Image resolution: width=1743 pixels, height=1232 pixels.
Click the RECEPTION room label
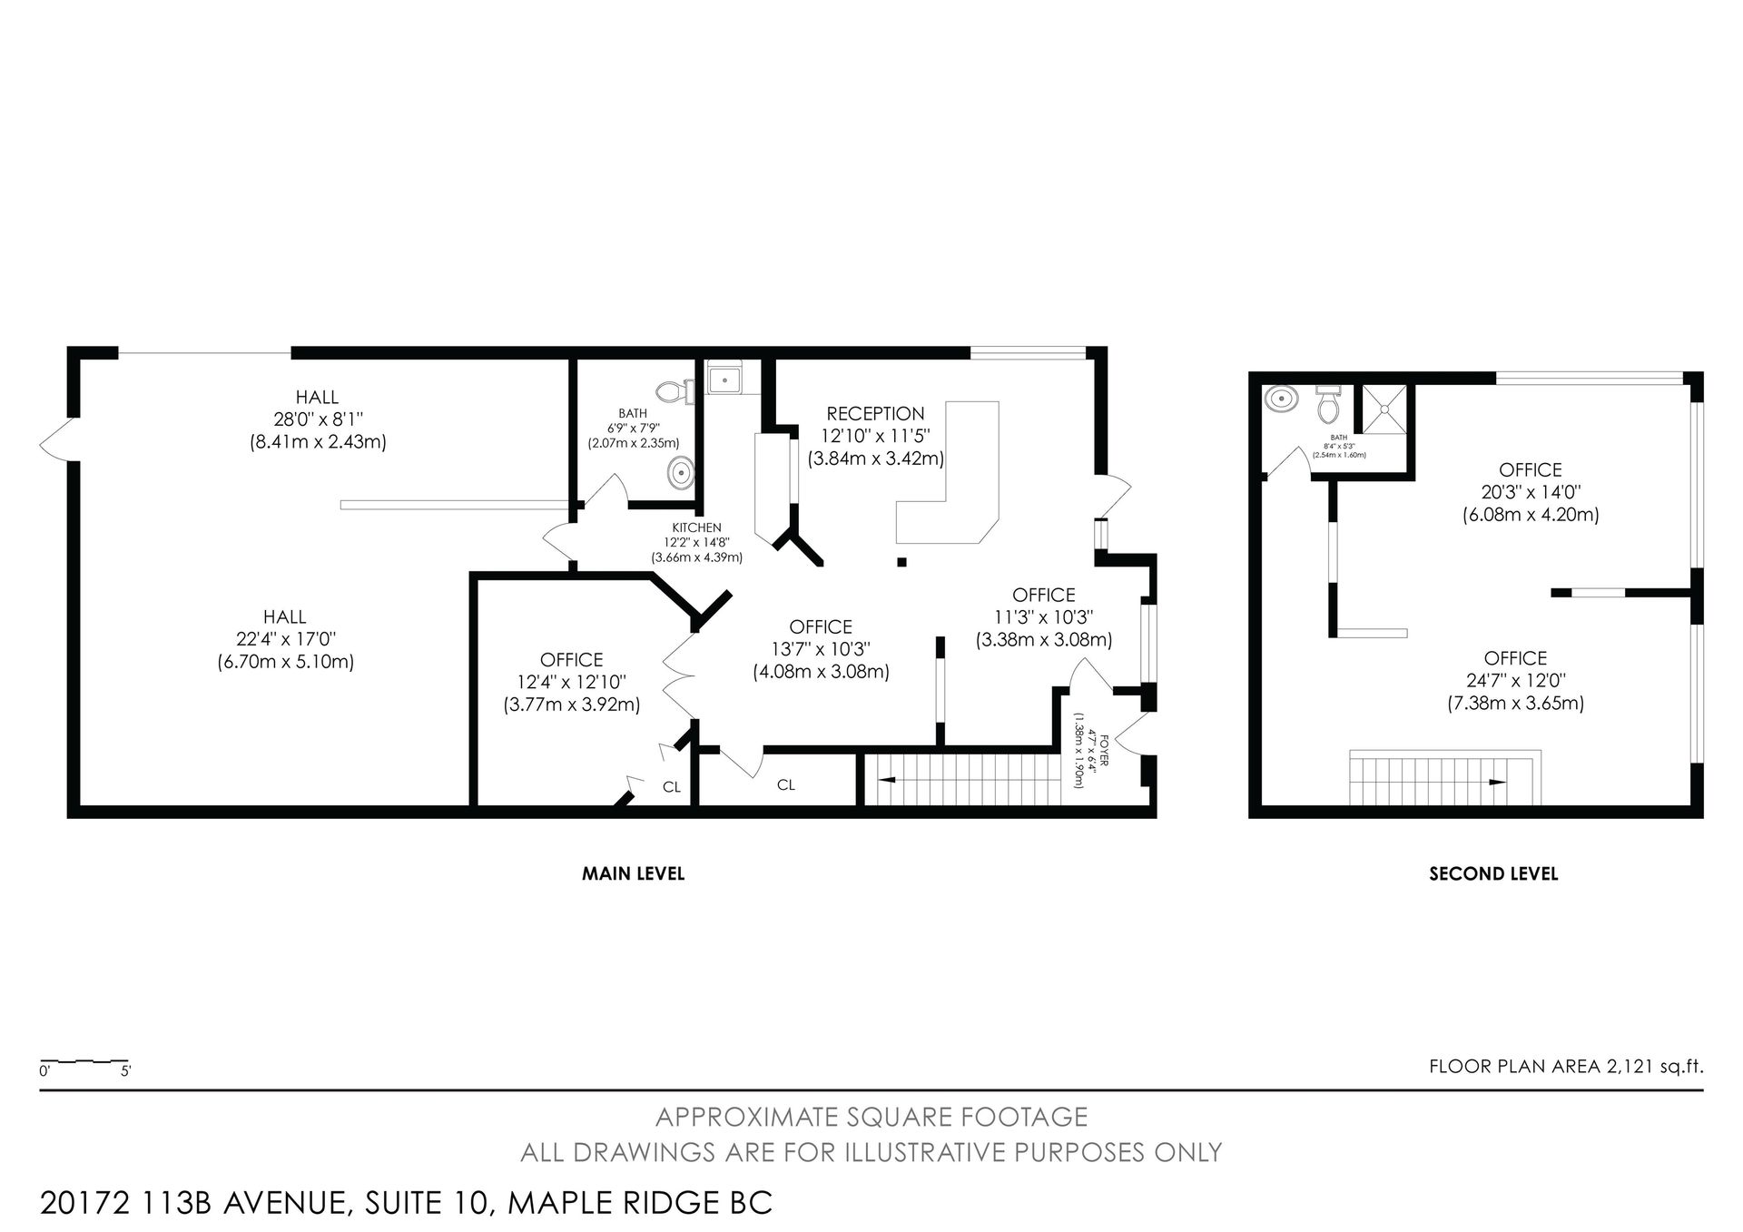(875, 414)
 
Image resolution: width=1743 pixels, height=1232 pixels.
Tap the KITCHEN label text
(696, 527)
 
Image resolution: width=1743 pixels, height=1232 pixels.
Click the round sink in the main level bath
(680, 473)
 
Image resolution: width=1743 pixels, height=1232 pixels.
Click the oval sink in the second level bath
(1282, 399)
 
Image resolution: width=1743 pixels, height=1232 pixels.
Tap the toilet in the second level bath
(1328, 405)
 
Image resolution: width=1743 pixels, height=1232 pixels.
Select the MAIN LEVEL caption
(633, 873)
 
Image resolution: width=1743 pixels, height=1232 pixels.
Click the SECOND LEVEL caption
(1493, 873)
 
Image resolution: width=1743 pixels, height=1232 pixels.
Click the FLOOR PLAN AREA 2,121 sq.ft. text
(1566, 1067)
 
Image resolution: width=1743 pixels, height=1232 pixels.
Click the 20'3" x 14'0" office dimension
(1531, 492)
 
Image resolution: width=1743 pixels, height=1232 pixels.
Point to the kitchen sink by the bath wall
(724, 378)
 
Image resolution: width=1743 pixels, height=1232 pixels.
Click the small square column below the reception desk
(901, 562)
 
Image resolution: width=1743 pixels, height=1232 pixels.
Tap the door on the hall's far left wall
(54, 441)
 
